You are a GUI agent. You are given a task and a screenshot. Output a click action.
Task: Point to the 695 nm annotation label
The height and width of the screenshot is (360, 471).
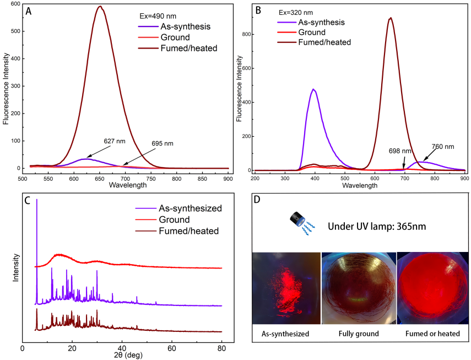pyautogui.click(x=162, y=144)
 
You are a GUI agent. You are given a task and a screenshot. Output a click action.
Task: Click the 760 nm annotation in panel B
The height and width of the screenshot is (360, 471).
pyautogui.click(x=443, y=147)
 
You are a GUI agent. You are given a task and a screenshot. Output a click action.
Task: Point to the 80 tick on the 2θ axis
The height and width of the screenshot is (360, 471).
pyautogui.click(x=221, y=348)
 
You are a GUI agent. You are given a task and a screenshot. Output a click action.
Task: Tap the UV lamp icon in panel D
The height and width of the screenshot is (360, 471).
pyautogui.click(x=297, y=219)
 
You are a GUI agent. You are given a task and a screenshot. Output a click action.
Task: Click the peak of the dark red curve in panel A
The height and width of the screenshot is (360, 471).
pyautogui.click(x=100, y=7)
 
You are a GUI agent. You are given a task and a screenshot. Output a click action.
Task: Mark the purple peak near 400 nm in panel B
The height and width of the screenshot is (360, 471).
pyautogui.click(x=314, y=89)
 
